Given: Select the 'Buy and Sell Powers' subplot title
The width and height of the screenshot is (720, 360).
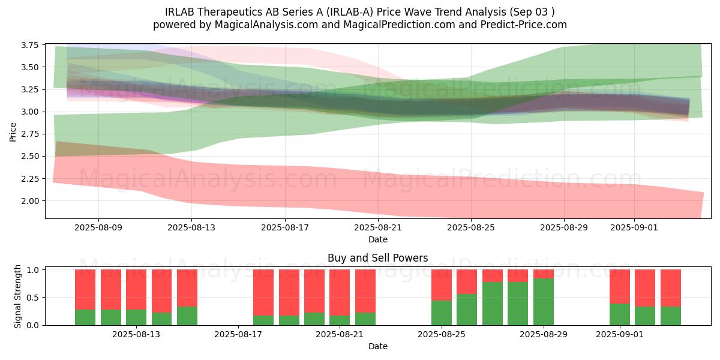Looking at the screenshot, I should click(x=377, y=259).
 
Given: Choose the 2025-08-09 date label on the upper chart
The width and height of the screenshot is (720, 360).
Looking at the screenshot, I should click(x=98, y=227).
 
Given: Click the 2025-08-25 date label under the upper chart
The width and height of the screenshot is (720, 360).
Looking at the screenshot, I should click(x=471, y=227).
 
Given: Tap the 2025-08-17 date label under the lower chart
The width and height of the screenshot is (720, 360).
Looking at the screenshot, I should click(x=238, y=334).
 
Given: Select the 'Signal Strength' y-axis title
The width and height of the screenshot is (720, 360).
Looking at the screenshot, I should click(x=18, y=296).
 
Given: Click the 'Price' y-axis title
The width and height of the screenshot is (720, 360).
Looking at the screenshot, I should click(x=13, y=132).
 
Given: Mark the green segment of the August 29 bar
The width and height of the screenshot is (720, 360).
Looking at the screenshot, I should click(x=544, y=302).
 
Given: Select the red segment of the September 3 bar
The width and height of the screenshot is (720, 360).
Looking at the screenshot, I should click(x=671, y=288).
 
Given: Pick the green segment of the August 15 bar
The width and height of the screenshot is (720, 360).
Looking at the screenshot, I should click(x=187, y=316).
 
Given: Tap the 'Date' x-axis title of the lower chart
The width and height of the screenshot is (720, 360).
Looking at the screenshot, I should click(x=377, y=346).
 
